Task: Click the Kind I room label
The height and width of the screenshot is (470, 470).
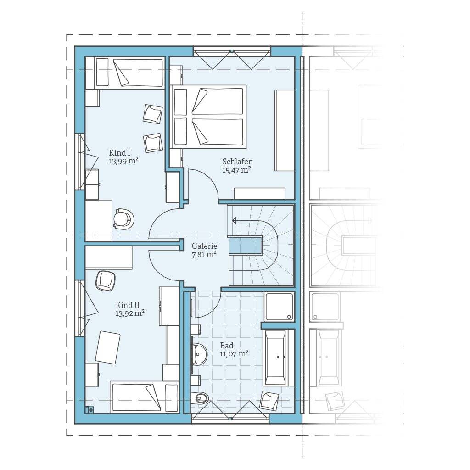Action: (120, 153)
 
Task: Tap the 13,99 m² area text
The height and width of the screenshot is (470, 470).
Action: (123, 161)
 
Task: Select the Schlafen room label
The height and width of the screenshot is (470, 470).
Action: (237, 162)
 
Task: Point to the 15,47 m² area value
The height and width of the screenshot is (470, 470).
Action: (236, 170)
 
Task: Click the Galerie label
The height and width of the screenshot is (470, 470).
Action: (204, 246)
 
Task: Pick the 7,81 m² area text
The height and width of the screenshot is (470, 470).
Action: (204, 255)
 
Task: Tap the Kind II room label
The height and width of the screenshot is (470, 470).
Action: (128, 305)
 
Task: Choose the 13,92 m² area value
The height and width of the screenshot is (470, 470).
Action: (130, 313)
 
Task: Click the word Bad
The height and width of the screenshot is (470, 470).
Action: (227, 346)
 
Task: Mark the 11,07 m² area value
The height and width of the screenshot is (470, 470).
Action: (234, 354)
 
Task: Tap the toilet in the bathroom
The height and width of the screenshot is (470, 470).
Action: (199, 398)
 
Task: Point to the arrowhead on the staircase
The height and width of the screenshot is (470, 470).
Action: (234, 221)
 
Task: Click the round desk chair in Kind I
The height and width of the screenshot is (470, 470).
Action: (123, 219)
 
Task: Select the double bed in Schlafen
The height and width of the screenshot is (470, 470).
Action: (208, 117)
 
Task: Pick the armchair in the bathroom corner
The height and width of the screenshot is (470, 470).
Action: (269, 400)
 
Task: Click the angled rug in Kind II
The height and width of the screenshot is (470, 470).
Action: (107, 347)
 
